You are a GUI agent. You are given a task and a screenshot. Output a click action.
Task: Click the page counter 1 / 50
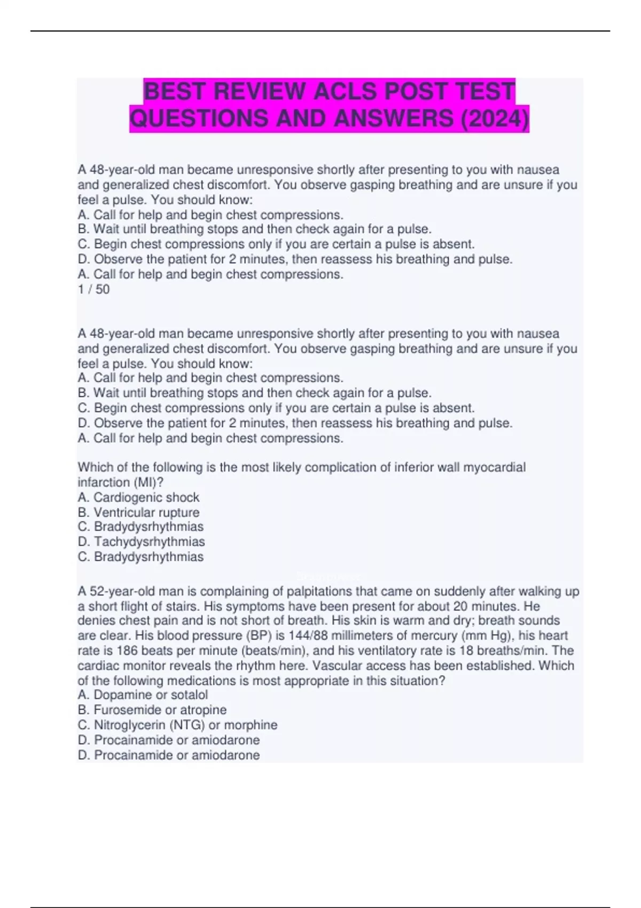(93, 289)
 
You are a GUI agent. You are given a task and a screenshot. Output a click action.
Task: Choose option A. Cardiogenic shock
(138, 497)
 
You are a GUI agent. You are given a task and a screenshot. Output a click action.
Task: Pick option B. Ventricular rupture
(138, 512)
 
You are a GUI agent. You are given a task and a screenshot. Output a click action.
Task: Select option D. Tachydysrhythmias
(141, 542)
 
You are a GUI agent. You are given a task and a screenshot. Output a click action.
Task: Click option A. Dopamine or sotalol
(143, 695)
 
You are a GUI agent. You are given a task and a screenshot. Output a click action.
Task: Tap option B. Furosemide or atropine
(152, 710)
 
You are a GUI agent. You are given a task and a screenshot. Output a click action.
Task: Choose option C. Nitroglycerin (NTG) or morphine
(177, 725)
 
